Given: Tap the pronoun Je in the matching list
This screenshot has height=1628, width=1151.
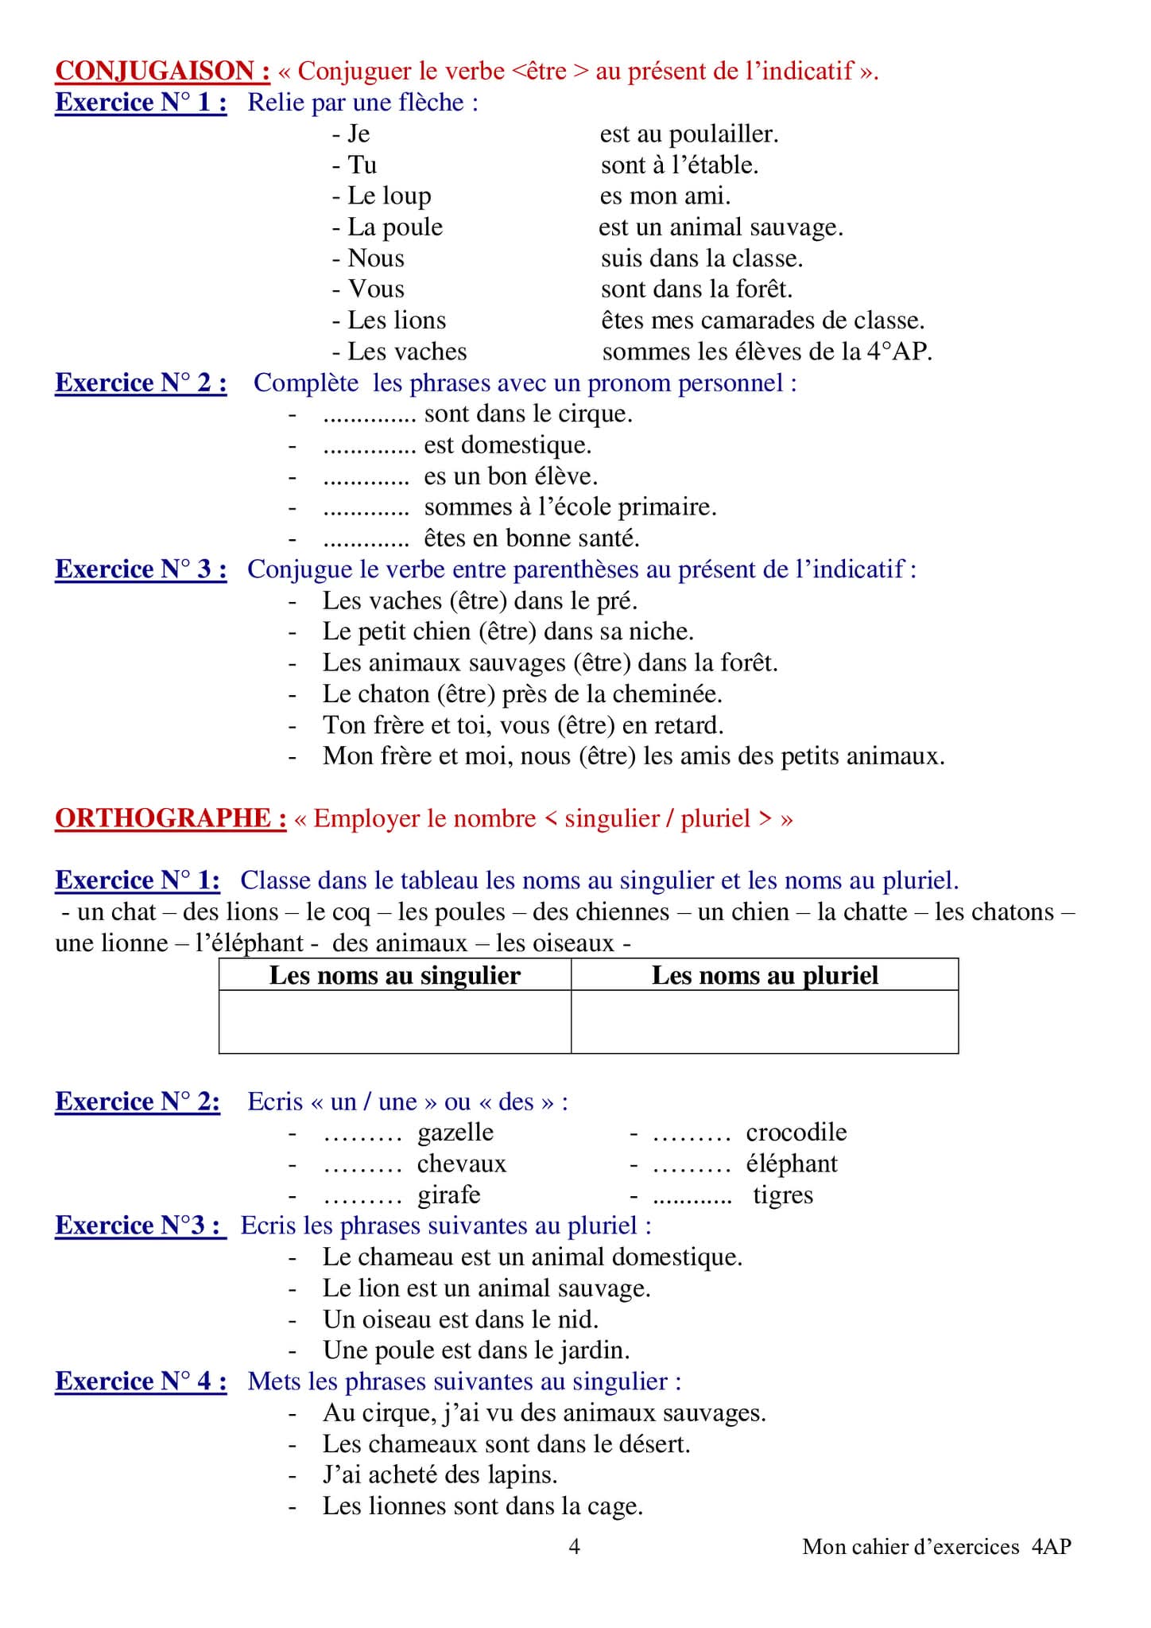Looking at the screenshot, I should [x=358, y=134].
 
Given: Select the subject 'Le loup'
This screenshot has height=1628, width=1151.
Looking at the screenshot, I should [x=389, y=196].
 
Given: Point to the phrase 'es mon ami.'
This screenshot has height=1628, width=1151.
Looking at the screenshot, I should [x=665, y=196].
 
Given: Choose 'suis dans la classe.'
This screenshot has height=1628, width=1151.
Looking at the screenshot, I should [x=702, y=258].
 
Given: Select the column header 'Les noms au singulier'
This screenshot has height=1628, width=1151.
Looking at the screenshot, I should [x=394, y=975].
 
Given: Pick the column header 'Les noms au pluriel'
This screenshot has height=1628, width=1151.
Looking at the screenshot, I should [x=765, y=975].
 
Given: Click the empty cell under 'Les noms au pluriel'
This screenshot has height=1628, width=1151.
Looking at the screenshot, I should [x=765, y=1022].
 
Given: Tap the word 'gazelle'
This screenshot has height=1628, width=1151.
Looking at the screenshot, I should [x=455, y=1133].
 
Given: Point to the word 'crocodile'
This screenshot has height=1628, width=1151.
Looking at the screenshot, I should [x=796, y=1133].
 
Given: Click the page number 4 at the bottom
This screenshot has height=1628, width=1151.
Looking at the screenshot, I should [x=575, y=1546].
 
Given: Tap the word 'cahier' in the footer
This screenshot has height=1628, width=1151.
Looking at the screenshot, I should [x=879, y=1546].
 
